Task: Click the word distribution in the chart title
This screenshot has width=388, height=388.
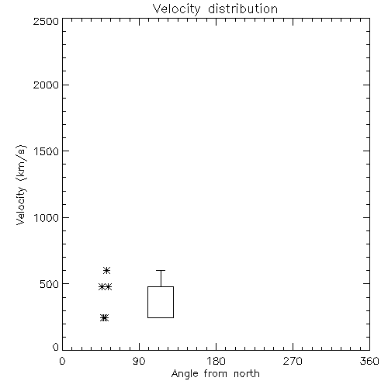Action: (243, 9)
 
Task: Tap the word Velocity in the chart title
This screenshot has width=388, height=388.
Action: (176, 9)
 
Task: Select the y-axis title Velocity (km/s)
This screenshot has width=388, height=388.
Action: (21, 185)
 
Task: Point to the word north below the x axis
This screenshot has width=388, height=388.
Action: (247, 374)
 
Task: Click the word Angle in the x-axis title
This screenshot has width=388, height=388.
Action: (185, 374)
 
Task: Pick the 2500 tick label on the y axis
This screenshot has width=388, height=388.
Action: (46, 21)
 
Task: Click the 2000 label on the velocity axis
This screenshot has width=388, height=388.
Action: (46, 85)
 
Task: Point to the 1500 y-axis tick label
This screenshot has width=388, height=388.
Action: (47, 151)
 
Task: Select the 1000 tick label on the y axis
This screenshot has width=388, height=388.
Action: (47, 218)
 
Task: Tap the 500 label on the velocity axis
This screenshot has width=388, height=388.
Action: (50, 284)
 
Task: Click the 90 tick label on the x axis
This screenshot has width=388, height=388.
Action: (139, 361)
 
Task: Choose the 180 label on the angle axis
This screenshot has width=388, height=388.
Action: (216, 361)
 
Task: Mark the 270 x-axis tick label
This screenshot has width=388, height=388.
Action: (293, 361)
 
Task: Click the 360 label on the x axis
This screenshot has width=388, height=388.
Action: (369, 361)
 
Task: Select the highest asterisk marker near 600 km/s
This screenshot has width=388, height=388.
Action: (106, 271)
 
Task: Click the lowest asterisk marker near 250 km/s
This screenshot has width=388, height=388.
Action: (104, 318)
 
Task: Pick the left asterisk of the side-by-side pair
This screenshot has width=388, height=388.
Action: (102, 287)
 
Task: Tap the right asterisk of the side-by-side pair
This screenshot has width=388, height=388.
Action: (109, 287)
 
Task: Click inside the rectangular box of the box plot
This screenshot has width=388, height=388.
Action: (161, 302)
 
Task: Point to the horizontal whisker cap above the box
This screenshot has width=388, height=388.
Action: (161, 271)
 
